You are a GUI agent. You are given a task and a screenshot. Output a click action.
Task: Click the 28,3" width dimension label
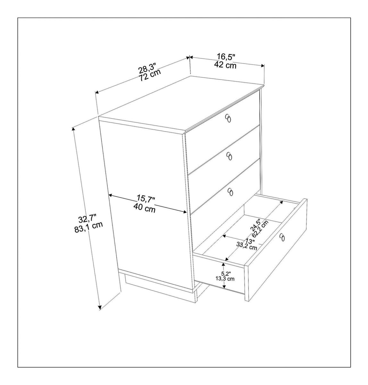(147, 68)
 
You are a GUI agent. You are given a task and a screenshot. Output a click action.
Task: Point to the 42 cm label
(225, 65)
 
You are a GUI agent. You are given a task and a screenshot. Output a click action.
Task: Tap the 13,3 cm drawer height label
(225, 279)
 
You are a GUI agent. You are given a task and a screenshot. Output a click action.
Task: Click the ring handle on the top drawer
(228, 118)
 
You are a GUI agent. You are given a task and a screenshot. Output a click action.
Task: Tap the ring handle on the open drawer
(282, 237)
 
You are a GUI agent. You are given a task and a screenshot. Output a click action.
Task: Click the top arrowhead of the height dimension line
(73, 129)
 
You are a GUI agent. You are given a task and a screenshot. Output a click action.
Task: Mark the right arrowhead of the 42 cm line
(263, 65)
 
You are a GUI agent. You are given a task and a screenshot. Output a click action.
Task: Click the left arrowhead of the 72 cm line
(97, 92)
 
